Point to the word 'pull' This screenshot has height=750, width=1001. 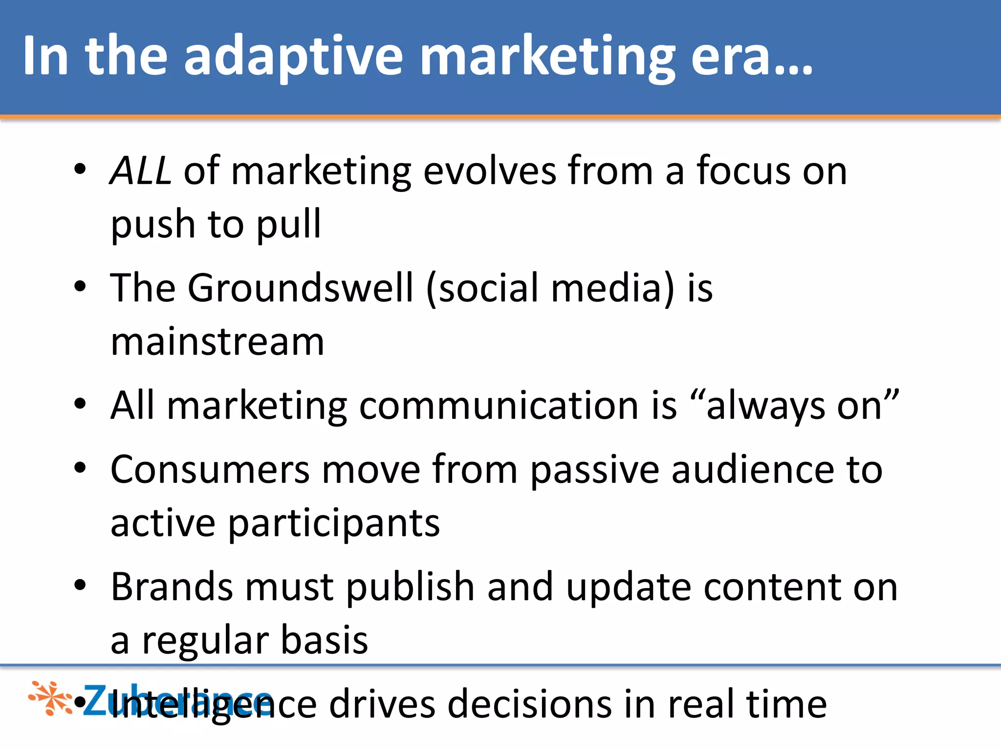pos(289,225)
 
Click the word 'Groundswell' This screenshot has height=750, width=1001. pos(301,288)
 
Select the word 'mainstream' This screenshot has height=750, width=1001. pos(218,342)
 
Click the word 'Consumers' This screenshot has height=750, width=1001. pos(210,470)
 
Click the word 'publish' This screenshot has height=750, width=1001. pos(411,587)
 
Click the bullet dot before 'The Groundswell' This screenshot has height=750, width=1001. pos(80,287)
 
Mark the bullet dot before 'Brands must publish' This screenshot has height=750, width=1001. pos(80,585)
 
